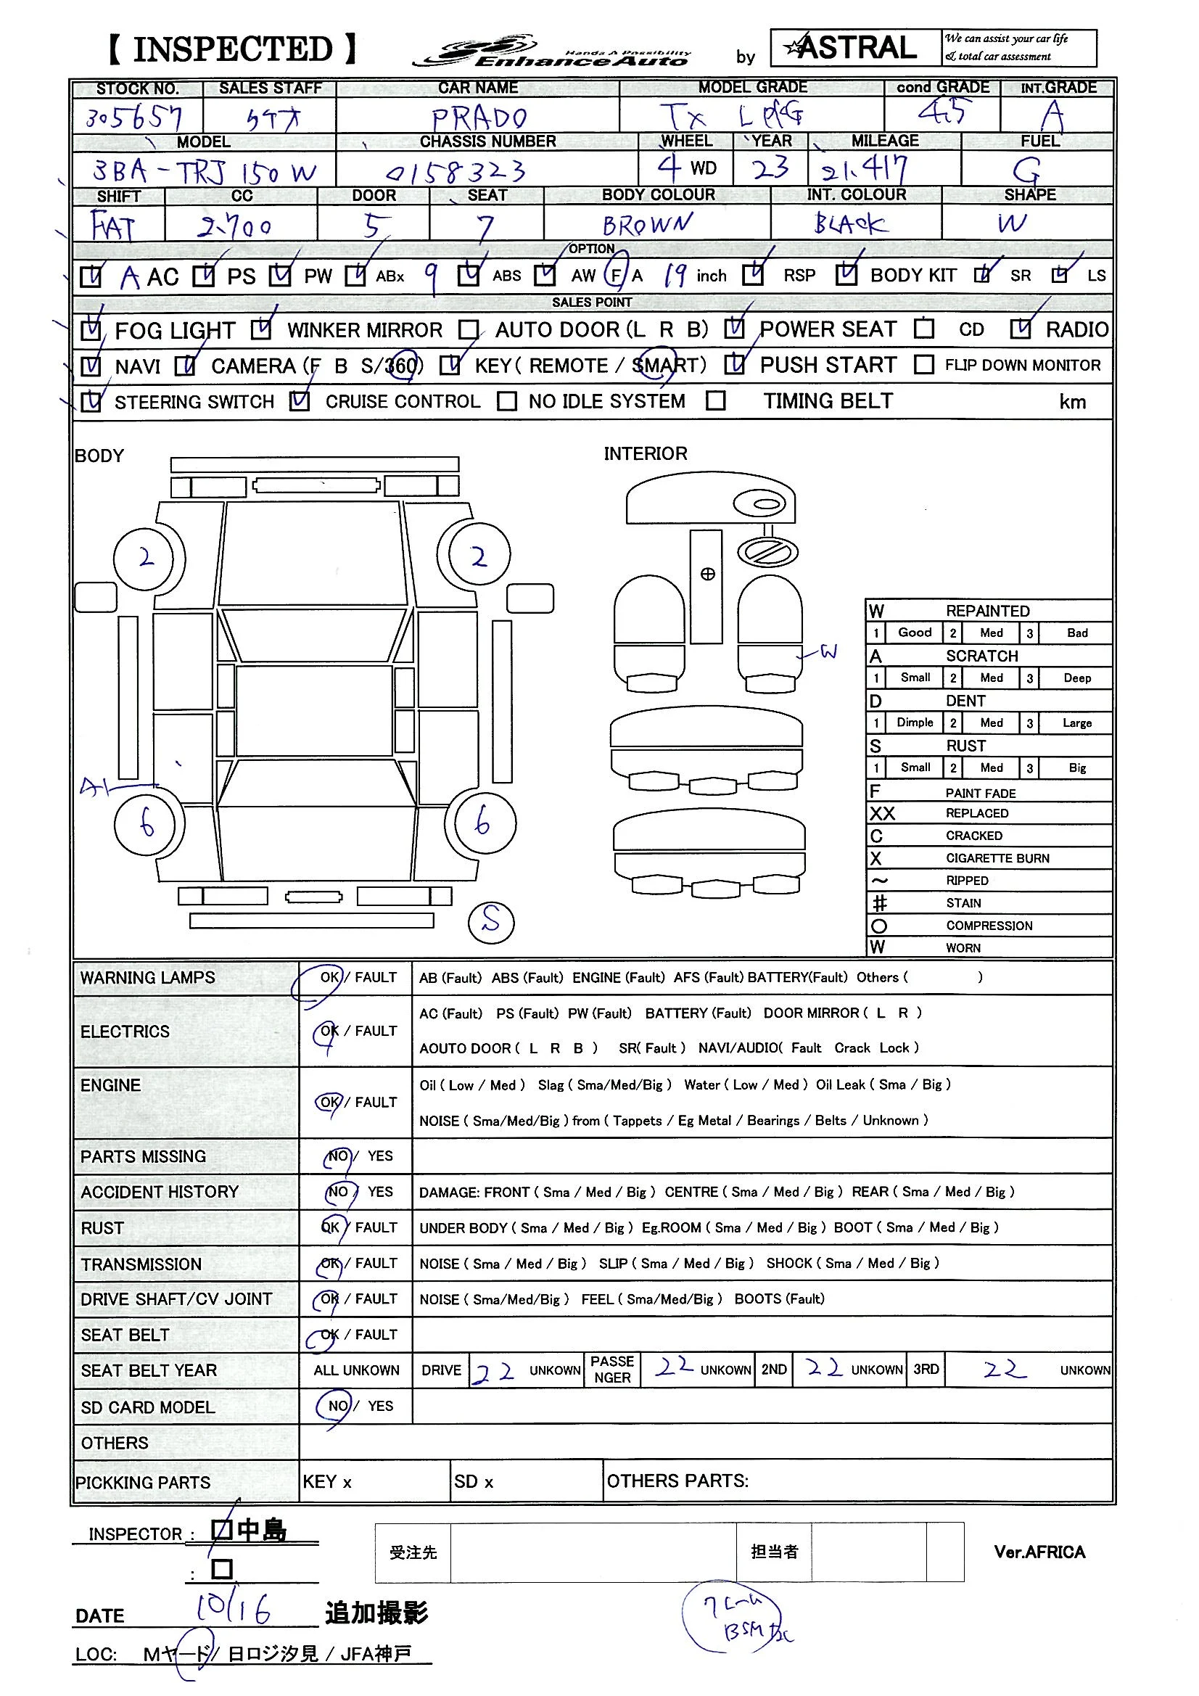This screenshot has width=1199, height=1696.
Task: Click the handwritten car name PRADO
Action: click(x=479, y=117)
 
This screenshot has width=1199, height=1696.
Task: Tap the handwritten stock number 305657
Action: click(x=133, y=118)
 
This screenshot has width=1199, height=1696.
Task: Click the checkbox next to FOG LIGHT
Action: click(x=91, y=329)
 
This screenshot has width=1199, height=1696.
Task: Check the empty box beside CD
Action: click(x=923, y=329)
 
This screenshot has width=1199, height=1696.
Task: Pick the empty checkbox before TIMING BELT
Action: click(x=715, y=401)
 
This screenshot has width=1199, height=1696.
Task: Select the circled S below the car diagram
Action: click(x=491, y=921)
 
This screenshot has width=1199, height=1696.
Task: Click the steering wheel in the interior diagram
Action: click(x=767, y=552)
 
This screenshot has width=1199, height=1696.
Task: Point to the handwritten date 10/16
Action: click(x=233, y=1608)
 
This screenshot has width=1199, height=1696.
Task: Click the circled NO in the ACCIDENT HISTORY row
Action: click(x=338, y=1192)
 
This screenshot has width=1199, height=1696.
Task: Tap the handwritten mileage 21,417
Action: click(x=865, y=170)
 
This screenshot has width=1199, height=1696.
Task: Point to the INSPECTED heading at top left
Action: click(x=233, y=49)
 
